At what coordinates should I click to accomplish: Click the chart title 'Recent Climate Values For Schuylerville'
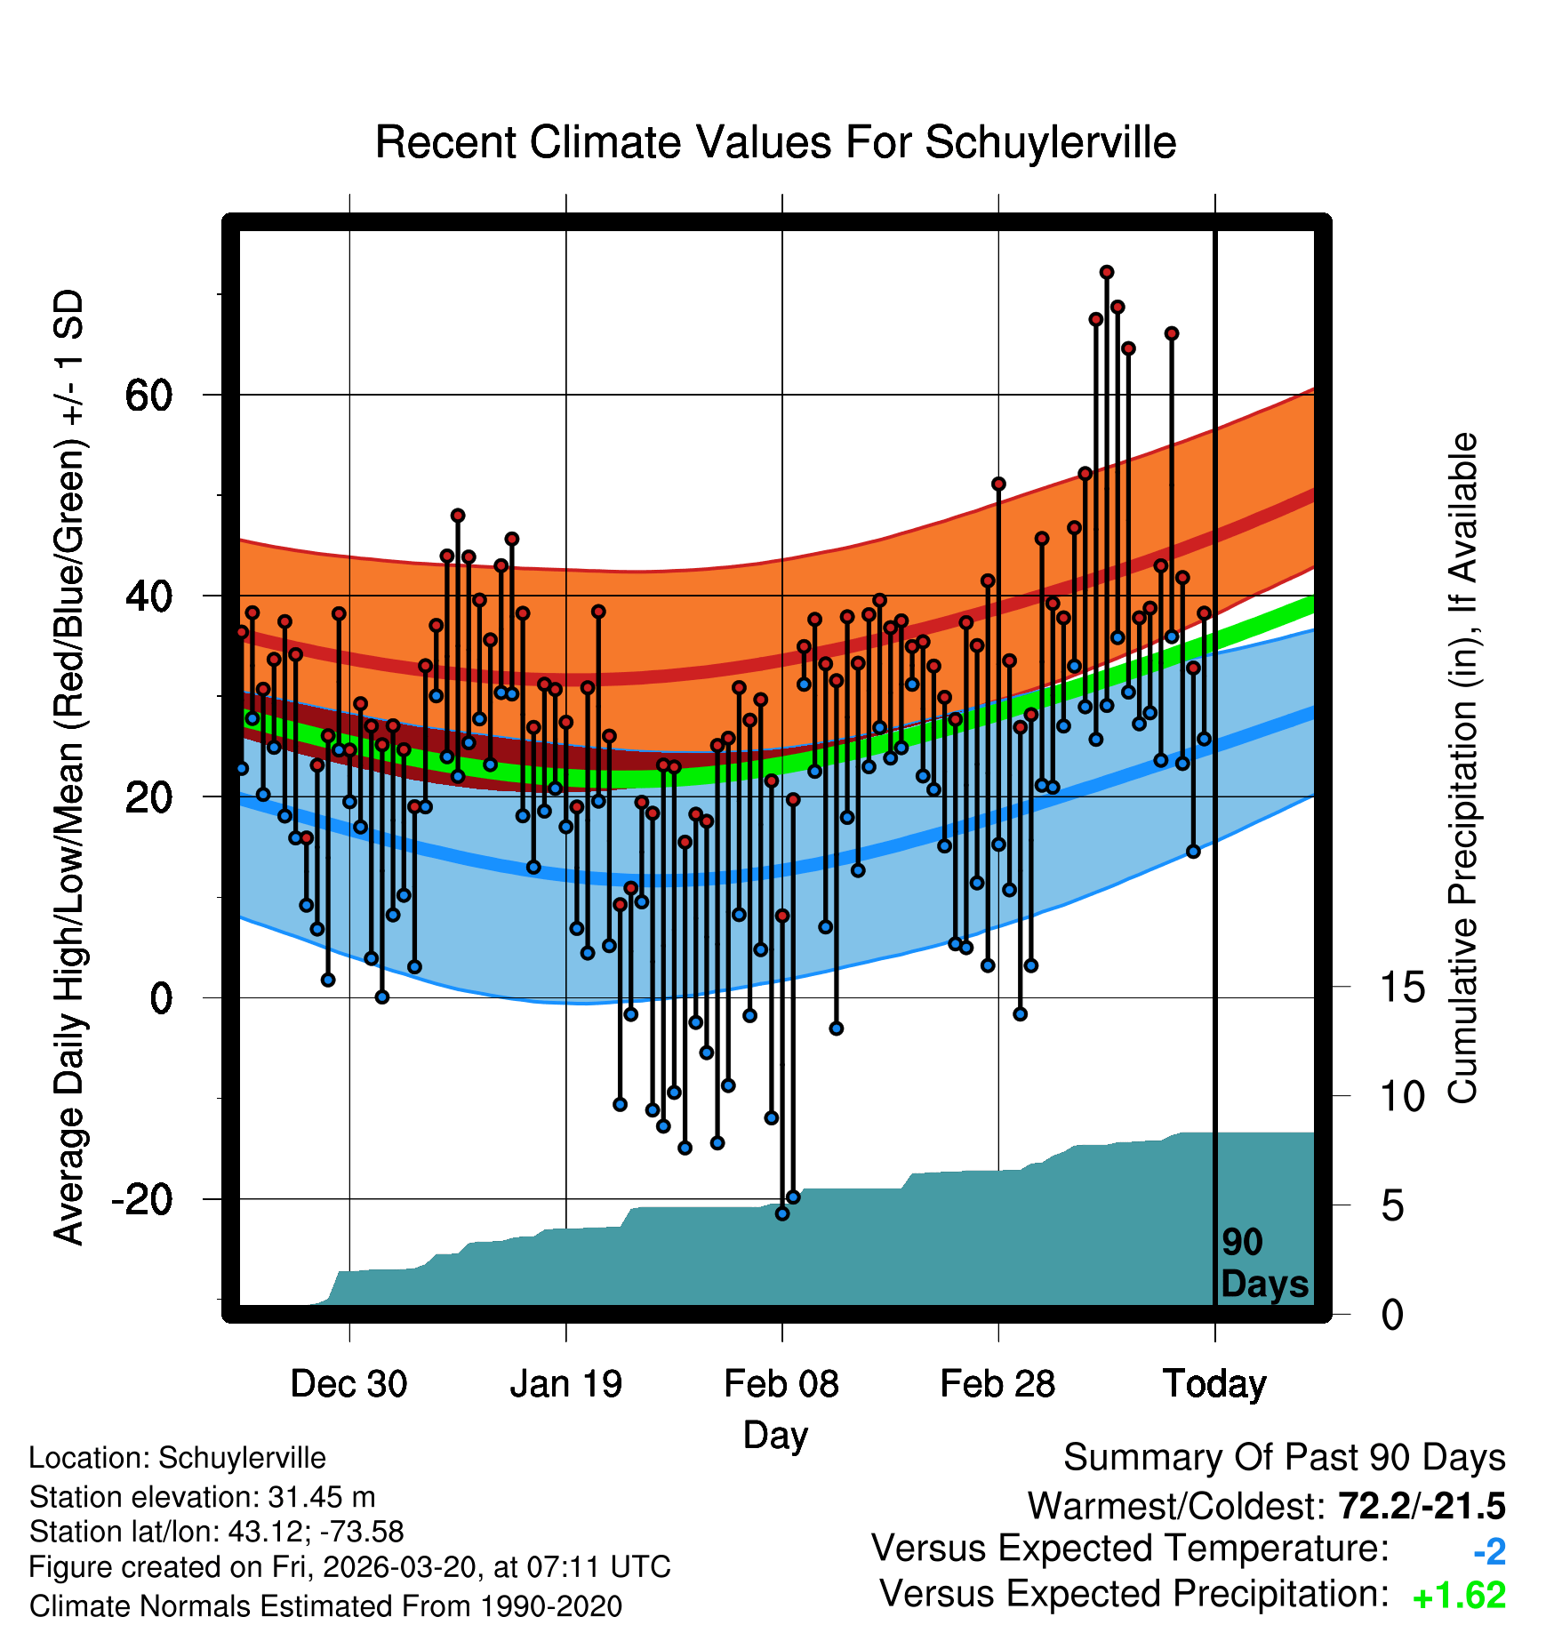pos(775,142)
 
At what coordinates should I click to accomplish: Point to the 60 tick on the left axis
pos(148,395)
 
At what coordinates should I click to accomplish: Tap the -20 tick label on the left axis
pos(142,1199)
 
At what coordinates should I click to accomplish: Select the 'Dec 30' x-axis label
pos(348,1384)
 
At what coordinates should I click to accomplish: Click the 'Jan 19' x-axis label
pos(565,1384)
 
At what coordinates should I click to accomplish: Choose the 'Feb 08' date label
pos(781,1384)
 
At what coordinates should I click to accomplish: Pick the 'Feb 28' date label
pos(997,1384)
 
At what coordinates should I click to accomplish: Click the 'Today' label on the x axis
pos(1214,1384)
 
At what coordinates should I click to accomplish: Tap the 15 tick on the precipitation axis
pos(1402,987)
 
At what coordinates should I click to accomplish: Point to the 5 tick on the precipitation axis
pos(1392,1206)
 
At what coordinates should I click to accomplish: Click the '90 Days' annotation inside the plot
pos(1263,1263)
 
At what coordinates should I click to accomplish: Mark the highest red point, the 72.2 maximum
pos(1107,272)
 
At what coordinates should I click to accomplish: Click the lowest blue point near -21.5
pos(782,1213)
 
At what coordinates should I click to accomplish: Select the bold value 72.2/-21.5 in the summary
pos(1422,1506)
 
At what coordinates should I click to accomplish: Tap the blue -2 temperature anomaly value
pos(1489,1552)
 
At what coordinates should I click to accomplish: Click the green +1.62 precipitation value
pos(1459,1596)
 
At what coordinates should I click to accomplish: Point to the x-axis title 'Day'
pos(775,1435)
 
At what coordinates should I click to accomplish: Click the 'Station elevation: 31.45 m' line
pos(202,1497)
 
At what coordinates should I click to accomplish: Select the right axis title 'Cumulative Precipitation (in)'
pos(1462,769)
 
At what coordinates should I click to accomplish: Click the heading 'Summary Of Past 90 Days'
pos(1284,1458)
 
